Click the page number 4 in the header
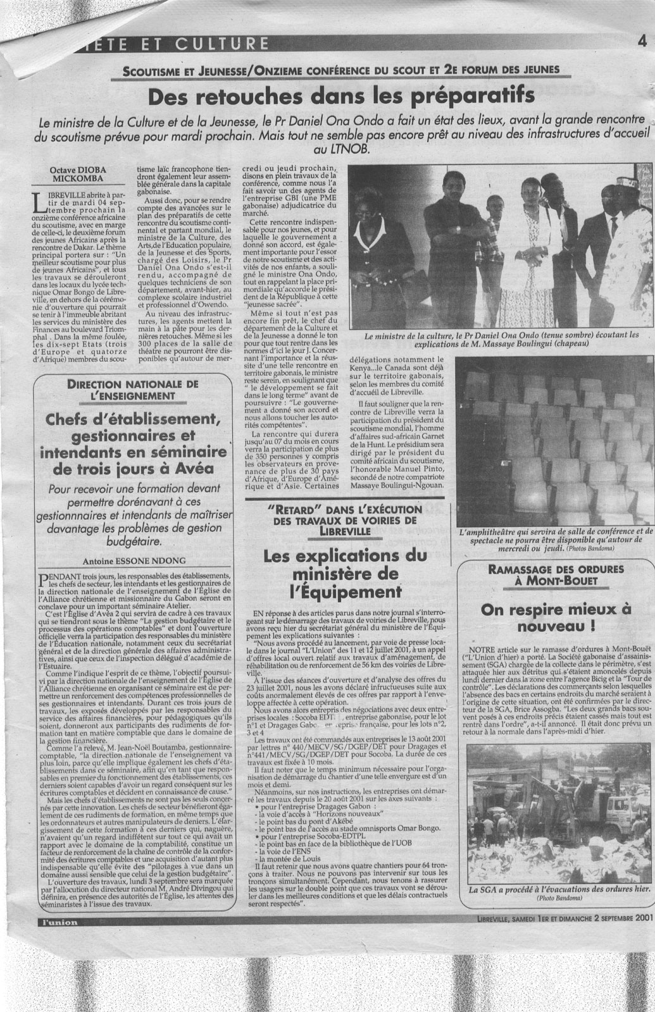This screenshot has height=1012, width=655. coord(641,43)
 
